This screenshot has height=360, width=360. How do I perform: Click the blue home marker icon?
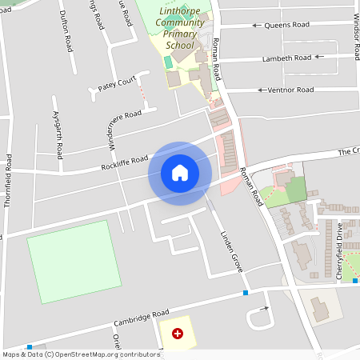click(180, 173)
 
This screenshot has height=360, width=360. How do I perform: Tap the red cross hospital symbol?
click(177, 333)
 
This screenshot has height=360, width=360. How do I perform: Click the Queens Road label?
click(287, 25)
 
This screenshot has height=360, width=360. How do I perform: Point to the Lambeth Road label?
click(291, 58)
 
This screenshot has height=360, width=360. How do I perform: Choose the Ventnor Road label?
click(291, 90)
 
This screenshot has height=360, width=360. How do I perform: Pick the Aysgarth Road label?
click(58, 133)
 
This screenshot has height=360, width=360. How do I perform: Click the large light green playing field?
click(74, 262)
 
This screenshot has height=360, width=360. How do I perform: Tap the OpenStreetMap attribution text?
click(80, 354)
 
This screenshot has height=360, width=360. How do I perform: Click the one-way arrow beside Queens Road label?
click(257, 26)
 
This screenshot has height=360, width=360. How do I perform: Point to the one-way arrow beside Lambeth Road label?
click(319, 58)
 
